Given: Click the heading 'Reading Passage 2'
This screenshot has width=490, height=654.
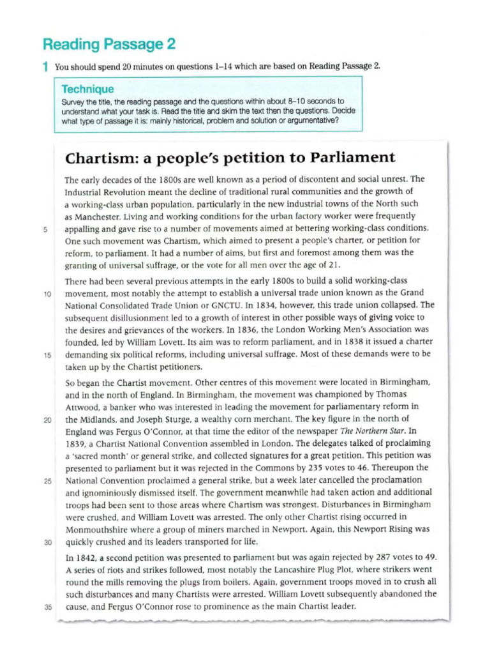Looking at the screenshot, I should click(108, 45).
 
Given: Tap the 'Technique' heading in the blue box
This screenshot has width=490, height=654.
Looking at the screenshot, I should click(87, 89).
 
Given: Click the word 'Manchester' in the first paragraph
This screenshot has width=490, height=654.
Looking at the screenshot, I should click(93, 217).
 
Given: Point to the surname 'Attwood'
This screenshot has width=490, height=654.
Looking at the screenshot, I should click(83, 406).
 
